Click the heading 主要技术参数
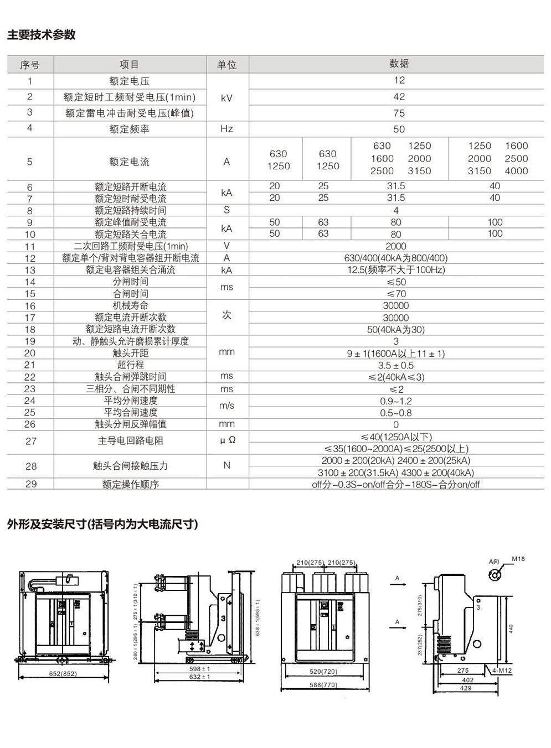point(42,35)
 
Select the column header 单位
point(227,65)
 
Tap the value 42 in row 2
point(399,97)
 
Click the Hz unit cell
point(226,129)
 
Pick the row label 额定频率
point(130,129)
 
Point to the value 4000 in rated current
point(516,171)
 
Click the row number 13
point(30,270)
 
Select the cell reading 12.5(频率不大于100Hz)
point(395,270)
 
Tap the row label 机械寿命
point(130,305)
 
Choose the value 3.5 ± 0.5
point(395,365)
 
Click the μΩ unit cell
point(228,440)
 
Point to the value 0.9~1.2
point(395,401)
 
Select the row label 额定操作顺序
point(130,484)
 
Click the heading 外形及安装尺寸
point(102,524)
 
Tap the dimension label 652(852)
point(63,673)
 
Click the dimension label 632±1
point(199,677)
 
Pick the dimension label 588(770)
point(323,685)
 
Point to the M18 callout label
point(518,559)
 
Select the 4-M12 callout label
point(502,671)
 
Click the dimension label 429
point(466,688)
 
